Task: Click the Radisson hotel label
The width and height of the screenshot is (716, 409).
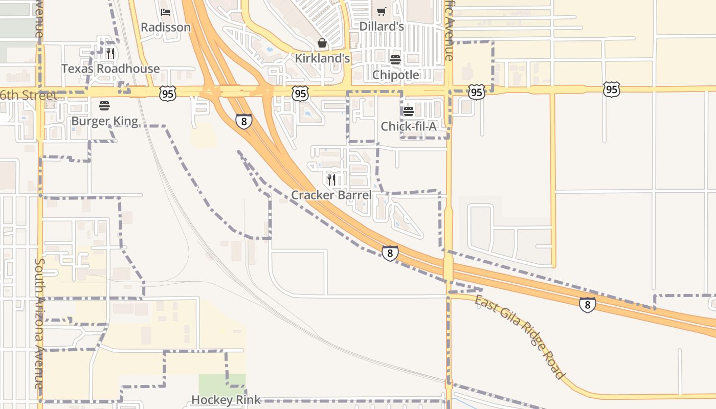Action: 166,27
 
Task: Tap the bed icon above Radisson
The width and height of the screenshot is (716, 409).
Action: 166,12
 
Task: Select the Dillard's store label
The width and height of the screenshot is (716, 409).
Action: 382,26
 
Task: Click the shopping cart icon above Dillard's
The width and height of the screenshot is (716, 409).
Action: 382,11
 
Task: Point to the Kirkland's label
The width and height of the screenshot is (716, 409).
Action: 322,58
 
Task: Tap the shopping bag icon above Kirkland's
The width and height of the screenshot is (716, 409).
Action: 322,43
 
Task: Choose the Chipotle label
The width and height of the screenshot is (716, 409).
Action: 395,75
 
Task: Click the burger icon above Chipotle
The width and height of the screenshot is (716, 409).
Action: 395,60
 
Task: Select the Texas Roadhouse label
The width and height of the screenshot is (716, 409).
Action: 110,69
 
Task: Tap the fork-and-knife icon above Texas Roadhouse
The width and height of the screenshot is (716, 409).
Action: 110,53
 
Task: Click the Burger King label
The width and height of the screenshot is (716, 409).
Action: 104,121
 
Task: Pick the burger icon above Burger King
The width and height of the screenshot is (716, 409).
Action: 104,106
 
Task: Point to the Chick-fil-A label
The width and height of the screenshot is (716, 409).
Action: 409,126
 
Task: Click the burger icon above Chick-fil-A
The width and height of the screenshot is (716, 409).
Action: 409,111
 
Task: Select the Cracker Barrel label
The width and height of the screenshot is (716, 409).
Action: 331,195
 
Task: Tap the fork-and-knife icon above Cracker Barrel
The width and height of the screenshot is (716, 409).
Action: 331,179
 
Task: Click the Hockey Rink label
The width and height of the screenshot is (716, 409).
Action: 226,400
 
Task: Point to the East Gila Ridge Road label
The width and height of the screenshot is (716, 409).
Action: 520,337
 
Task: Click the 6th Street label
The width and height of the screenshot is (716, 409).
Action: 29,96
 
